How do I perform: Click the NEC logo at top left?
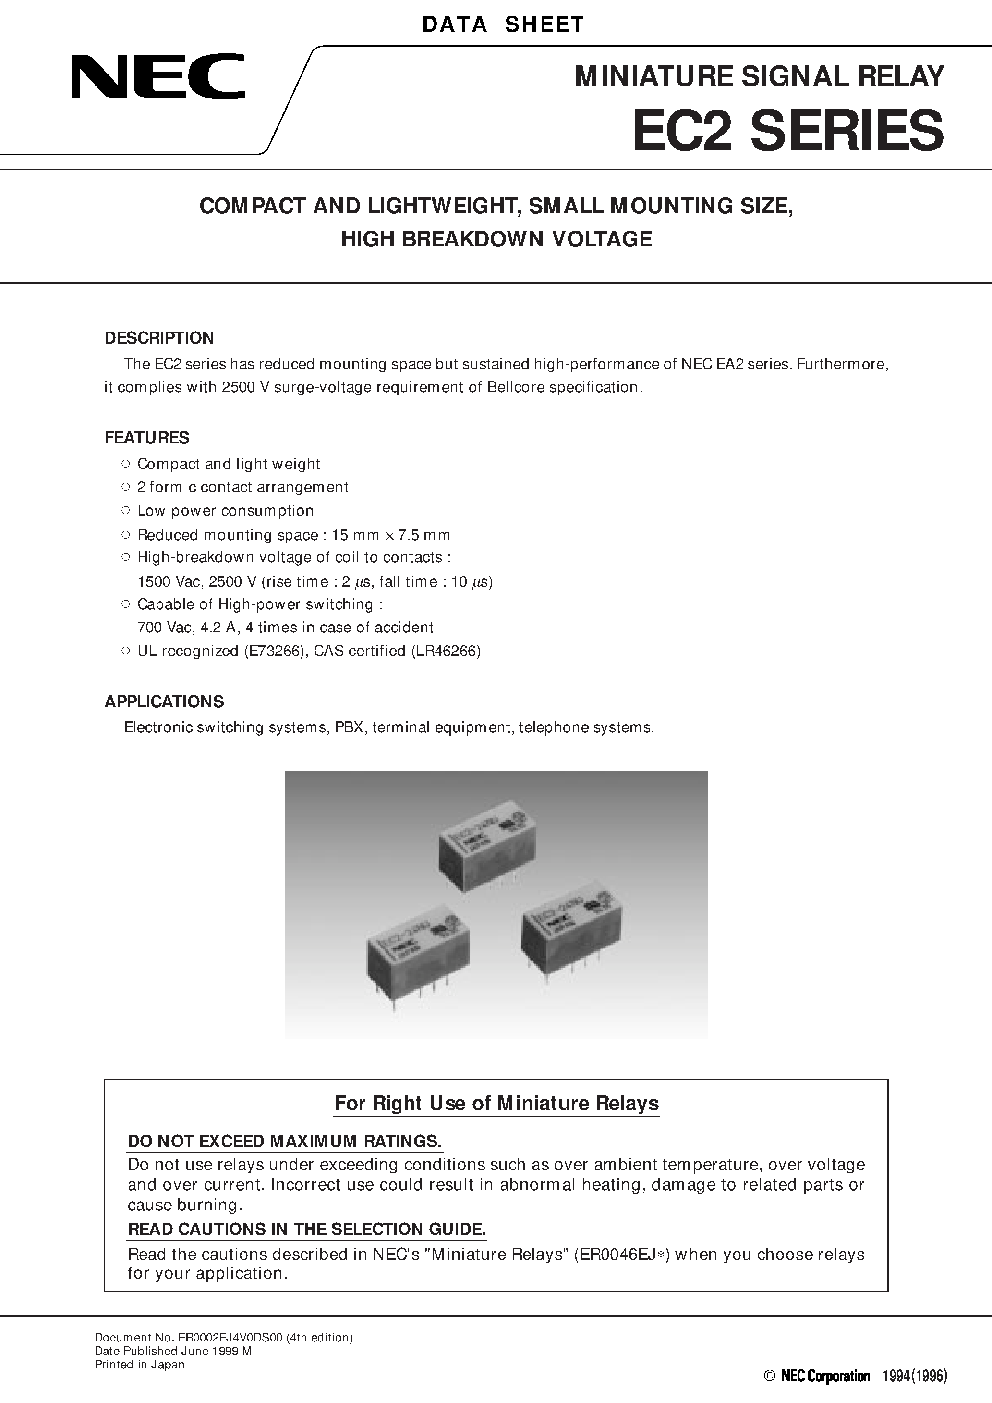tap(157, 76)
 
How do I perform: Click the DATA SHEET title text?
tap(503, 25)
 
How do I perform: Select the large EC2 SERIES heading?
tap(787, 130)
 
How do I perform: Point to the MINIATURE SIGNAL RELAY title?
tap(759, 76)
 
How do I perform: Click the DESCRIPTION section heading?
tap(159, 338)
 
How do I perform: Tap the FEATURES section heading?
tap(146, 438)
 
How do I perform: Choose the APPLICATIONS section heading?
tap(164, 701)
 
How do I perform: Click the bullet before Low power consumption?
tap(125, 510)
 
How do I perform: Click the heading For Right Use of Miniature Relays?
tap(496, 1103)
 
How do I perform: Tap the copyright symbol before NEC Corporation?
tap(769, 1376)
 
